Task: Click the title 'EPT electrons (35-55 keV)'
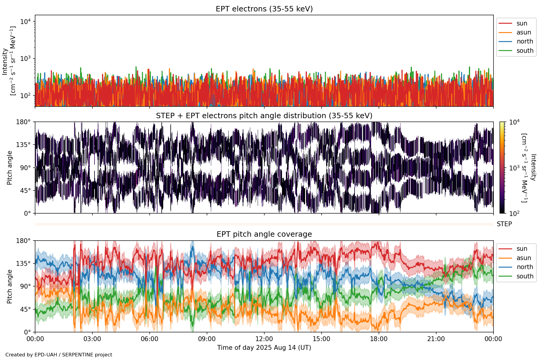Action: (264, 9)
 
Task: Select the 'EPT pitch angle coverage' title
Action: (264, 234)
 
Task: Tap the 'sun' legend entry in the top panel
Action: (522, 23)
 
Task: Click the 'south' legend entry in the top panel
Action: (525, 51)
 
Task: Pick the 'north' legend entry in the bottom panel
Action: (525, 267)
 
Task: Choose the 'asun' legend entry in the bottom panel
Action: (523, 258)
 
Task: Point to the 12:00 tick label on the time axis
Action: (264, 339)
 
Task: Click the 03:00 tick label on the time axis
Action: (92, 339)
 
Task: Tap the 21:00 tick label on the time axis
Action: (436, 339)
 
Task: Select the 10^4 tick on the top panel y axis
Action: (26, 22)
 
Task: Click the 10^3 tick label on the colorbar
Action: (514, 168)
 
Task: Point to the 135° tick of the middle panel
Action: (23, 145)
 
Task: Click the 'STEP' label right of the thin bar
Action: (504, 224)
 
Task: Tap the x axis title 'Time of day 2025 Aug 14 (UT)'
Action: (264, 348)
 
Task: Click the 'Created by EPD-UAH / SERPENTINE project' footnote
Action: (59, 355)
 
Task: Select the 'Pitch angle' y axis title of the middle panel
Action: (10, 168)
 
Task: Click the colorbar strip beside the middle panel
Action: (502, 168)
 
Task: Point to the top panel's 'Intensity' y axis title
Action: (5, 61)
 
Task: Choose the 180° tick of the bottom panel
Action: (23, 241)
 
